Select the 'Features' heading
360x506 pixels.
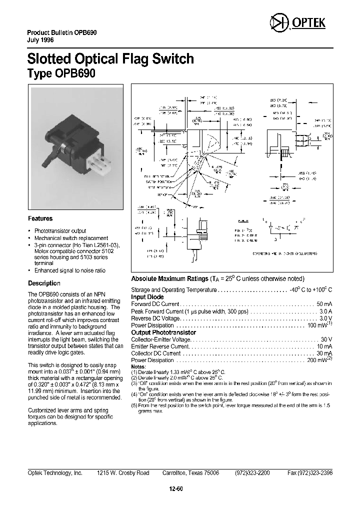(40, 218)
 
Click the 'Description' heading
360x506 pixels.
(44, 283)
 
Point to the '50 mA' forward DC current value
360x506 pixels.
(324, 304)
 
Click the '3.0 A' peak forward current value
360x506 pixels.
(325, 311)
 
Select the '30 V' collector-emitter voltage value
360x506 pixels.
(326, 339)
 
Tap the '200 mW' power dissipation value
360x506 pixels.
(318, 360)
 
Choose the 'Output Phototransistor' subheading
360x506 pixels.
(163, 332)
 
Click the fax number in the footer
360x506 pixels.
(310, 472)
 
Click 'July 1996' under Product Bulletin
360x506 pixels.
(40, 39)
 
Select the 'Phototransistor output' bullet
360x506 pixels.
(60, 231)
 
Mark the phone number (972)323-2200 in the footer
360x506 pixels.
(251, 472)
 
